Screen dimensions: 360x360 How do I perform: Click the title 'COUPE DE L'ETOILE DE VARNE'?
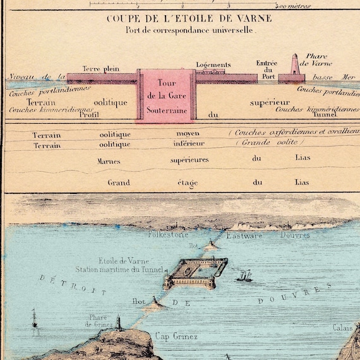click(x=189, y=18)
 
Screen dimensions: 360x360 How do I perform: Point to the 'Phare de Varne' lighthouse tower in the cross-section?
click(x=294, y=64)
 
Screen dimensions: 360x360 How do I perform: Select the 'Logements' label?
click(x=213, y=64)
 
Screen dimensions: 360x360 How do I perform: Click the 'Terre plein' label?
click(x=97, y=68)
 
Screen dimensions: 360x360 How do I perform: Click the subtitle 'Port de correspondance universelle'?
click(x=191, y=30)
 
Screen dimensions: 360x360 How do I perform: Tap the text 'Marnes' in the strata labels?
click(x=109, y=160)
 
